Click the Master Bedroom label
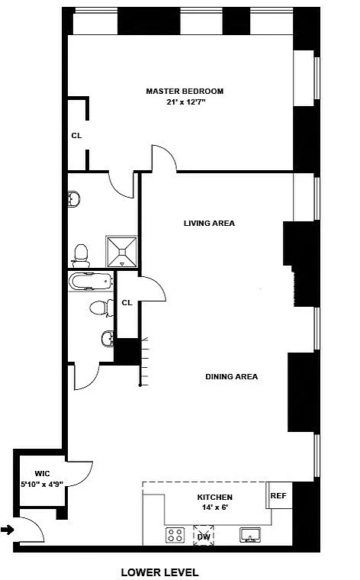pos(185,91)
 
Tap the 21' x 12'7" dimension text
pos(185,102)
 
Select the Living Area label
pos(209,223)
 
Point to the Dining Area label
pos(231,376)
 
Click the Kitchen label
pos(215,497)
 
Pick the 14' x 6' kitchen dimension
pos(215,507)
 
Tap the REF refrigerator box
pos(279,495)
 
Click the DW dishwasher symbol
pos(204,535)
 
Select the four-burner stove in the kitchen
pos(175,535)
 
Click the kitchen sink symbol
pos(250,535)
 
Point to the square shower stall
pos(121,252)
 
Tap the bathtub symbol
pos(90,281)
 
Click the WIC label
pos(42,473)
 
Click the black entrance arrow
pos(8,530)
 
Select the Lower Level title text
pos(159,572)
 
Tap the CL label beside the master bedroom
pos(76,136)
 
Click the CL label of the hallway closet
pos(127,302)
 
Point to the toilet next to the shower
pos(81,256)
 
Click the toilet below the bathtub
pos(101,308)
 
